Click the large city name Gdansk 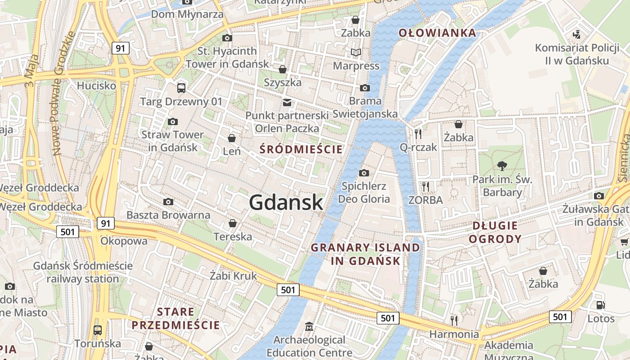pyautogui.click(x=286, y=202)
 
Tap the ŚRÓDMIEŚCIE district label pyautogui.click(x=301, y=149)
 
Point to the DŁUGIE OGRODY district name pyautogui.click(x=495, y=232)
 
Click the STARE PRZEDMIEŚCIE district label pyautogui.click(x=175, y=318)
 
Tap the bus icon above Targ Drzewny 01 pyautogui.click(x=181, y=88)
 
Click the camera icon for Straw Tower pyautogui.click(x=172, y=121)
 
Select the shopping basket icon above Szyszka pyautogui.click(x=283, y=69)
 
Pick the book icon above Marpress pyautogui.click(x=356, y=53)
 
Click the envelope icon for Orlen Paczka pyautogui.click(x=287, y=103)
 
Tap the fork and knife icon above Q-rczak pyautogui.click(x=418, y=134)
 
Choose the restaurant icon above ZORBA pyautogui.click(x=425, y=186)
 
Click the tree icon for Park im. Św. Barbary pyautogui.click(x=502, y=166)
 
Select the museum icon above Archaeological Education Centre pyautogui.click(x=309, y=326)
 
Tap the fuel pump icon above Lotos pyautogui.click(x=600, y=305)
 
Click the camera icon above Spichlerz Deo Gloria pyautogui.click(x=364, y=173)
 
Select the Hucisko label pyautogui.click(x=96, y=85)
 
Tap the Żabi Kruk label pyautogui.click(x=233, y=275)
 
